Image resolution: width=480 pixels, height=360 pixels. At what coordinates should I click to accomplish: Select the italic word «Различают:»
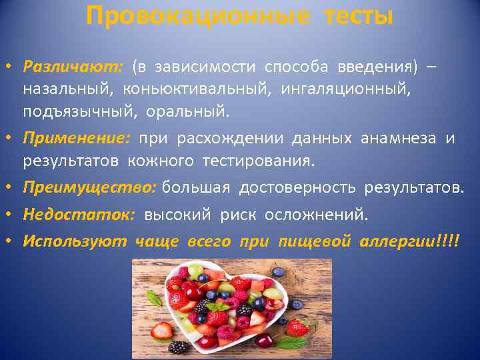tap(72, 67)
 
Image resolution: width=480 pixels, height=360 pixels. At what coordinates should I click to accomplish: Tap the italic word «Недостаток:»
tap(79, 215)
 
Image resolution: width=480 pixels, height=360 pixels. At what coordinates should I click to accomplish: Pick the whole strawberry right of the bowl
tap(297, 327)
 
